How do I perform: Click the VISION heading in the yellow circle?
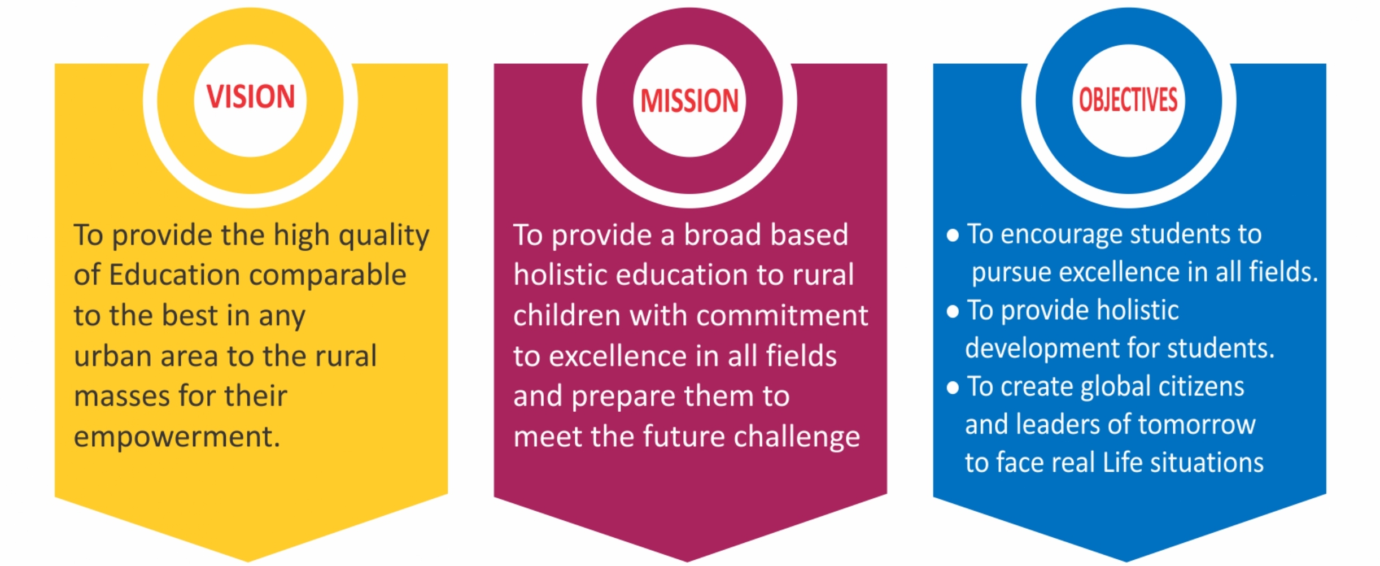point(250,97)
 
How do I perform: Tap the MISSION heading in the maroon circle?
point(689,101)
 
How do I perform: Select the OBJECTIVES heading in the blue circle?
point(1128,100)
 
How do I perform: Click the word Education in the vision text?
point(174,275)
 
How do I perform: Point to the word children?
point(567,315)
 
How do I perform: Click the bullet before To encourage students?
point(953,236)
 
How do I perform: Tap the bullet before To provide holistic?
point(953,311)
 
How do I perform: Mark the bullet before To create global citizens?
point(953,388)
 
